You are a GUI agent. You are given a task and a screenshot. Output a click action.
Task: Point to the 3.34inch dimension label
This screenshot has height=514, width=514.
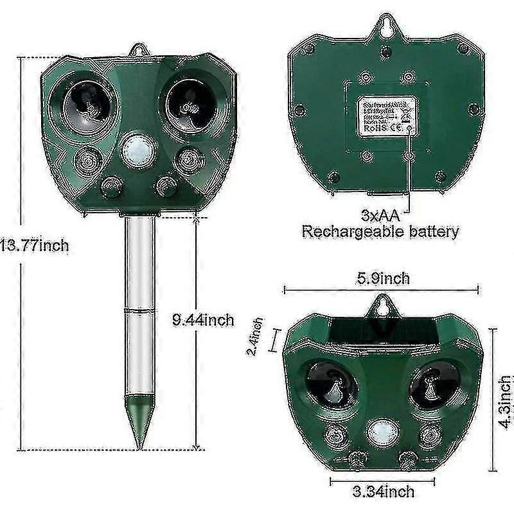(384, 492)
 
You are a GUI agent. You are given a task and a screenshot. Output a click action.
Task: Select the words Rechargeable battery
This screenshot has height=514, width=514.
(381, 232)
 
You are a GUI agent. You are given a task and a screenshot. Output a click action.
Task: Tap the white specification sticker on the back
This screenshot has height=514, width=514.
(382, 117)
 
